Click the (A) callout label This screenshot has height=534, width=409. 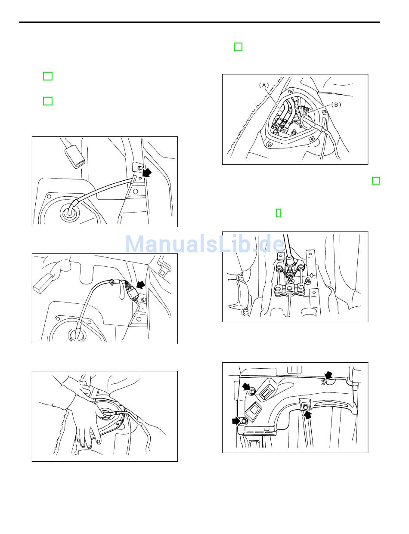pyautogui.click(x=264, y=85)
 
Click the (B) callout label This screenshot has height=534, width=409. pyautogui.click(x=336, y=105)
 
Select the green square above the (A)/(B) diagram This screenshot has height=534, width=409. pyautogui.click(x=238, y=47)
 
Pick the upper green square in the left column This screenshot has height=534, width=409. pyautogui.click(x=48, y=76)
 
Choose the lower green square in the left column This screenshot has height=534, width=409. pyautogui.click(x=48, y=101)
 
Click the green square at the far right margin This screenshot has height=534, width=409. pyautogui.click(x=376, y=181)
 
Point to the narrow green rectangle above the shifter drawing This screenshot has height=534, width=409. pyautogui.click(x=278, y=213)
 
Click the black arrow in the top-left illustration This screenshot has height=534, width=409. pyautogui.click(x=147, y=173)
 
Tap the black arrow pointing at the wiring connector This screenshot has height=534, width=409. pyautogui.click(x=141, y=285)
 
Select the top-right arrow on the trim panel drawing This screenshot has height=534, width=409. pyautogui.click(x=328, y=375)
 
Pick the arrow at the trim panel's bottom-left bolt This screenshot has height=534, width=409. pyautogui.click(x=236, y=421)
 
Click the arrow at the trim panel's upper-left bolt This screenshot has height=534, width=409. pyautogui.click(x=246, y=386)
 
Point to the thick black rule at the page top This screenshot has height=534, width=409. pyautogui.click(x=199, y=22)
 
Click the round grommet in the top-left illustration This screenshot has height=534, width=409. pyautogui.click(x=69, y=213)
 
